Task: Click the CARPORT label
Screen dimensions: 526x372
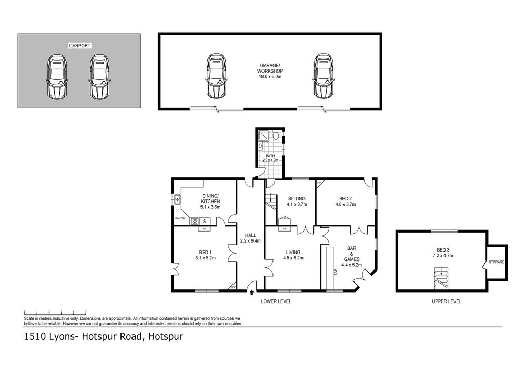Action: pyautogui.click(x=80, y=46)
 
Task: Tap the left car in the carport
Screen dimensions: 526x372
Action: pyautogui.click(x=57, y=77)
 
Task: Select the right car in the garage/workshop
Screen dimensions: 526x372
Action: pyautogui.click(x=324, y=76)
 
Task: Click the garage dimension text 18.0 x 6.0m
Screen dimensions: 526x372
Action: pyautogui.click(x=270, y=77)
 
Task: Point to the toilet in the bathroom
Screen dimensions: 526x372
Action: pyautogui.click(x=276, y=136)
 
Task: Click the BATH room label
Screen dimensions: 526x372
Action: pyautogui.click(x=270, y=156)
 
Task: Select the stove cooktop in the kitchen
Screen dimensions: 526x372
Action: pyautogui.click(x=194, y=222)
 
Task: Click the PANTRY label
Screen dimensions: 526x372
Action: pyautogui.click(x=180, y=219)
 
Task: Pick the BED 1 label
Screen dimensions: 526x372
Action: pyautogui.click(x=205, y=252)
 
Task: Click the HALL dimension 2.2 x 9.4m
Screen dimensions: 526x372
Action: pyautogui.click(x=250, y=240)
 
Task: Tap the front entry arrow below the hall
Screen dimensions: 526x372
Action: pyautogui.click(x=252, y=293)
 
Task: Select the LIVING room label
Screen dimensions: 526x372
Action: pyautogui.click(x=293, y=252)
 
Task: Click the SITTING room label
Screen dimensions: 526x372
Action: pyautogui.click(x=297, y=198)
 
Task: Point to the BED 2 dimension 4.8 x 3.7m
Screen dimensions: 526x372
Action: pyautogui.click(x=346, y=204)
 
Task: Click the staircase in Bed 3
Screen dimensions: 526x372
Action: pyautogui.click(x=442, y=278)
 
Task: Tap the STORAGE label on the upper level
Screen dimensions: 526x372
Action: pyautogui.click(x=497, y=262)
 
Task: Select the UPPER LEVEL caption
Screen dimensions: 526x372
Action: pyautogui.click(x=447, y=301)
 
